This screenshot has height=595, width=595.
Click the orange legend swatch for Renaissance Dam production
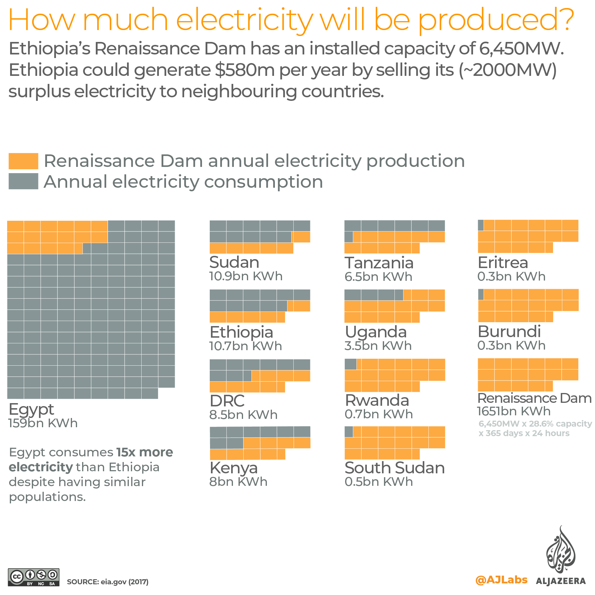click(23, 161)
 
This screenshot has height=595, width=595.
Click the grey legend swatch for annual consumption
click(23, 181)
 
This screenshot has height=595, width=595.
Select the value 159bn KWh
click(43, 423)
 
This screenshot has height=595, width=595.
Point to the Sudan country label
click(234, 262)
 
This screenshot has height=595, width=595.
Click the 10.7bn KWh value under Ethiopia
click(245, 346)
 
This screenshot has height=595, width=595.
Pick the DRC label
click(227, 401)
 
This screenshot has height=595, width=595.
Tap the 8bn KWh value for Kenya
click(238, 482)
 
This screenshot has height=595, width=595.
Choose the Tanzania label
click(379, 263)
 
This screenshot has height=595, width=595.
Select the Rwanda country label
click(377, 400)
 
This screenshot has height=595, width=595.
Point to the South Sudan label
click(394, 468)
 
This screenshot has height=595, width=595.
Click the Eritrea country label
click(502, 263)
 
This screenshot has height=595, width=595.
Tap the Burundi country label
click(509, 332)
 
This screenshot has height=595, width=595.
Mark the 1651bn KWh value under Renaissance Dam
click(513, 411)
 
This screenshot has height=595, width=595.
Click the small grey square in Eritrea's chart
click(480, 225)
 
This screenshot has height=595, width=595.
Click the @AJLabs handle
click(501, 580)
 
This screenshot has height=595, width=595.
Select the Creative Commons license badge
click(33, 577)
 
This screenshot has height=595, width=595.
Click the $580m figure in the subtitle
click(245, 70)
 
